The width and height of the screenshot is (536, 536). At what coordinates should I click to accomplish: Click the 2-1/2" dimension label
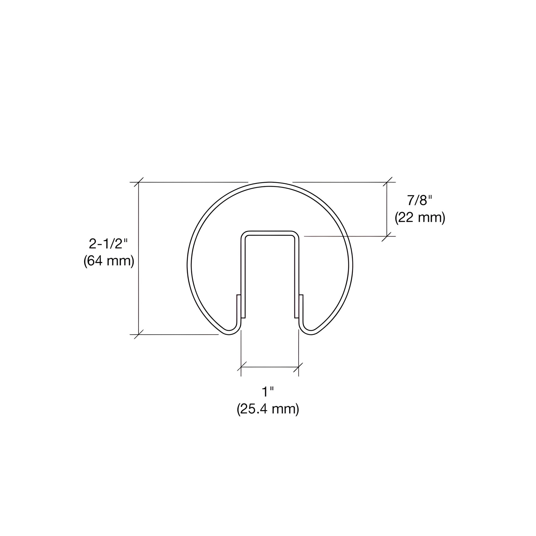coord(109,244)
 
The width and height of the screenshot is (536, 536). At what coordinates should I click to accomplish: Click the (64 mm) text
coord(109,261)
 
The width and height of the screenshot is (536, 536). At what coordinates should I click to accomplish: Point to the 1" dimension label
coord(268,392)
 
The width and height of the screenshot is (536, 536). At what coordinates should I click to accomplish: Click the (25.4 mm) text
coord(268,409)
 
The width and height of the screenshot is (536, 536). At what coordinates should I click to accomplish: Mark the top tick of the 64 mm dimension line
coord(139,182)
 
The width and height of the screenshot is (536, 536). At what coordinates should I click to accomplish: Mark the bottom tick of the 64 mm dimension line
coord(139,335)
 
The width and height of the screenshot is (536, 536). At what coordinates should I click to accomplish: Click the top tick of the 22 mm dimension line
coord(387,182)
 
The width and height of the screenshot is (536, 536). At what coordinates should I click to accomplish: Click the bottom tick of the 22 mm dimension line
coord(387,236)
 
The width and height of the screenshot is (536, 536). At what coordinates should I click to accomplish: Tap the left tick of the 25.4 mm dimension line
coord(241,367)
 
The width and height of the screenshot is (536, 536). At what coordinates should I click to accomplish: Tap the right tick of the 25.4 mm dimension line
coord(299,367)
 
